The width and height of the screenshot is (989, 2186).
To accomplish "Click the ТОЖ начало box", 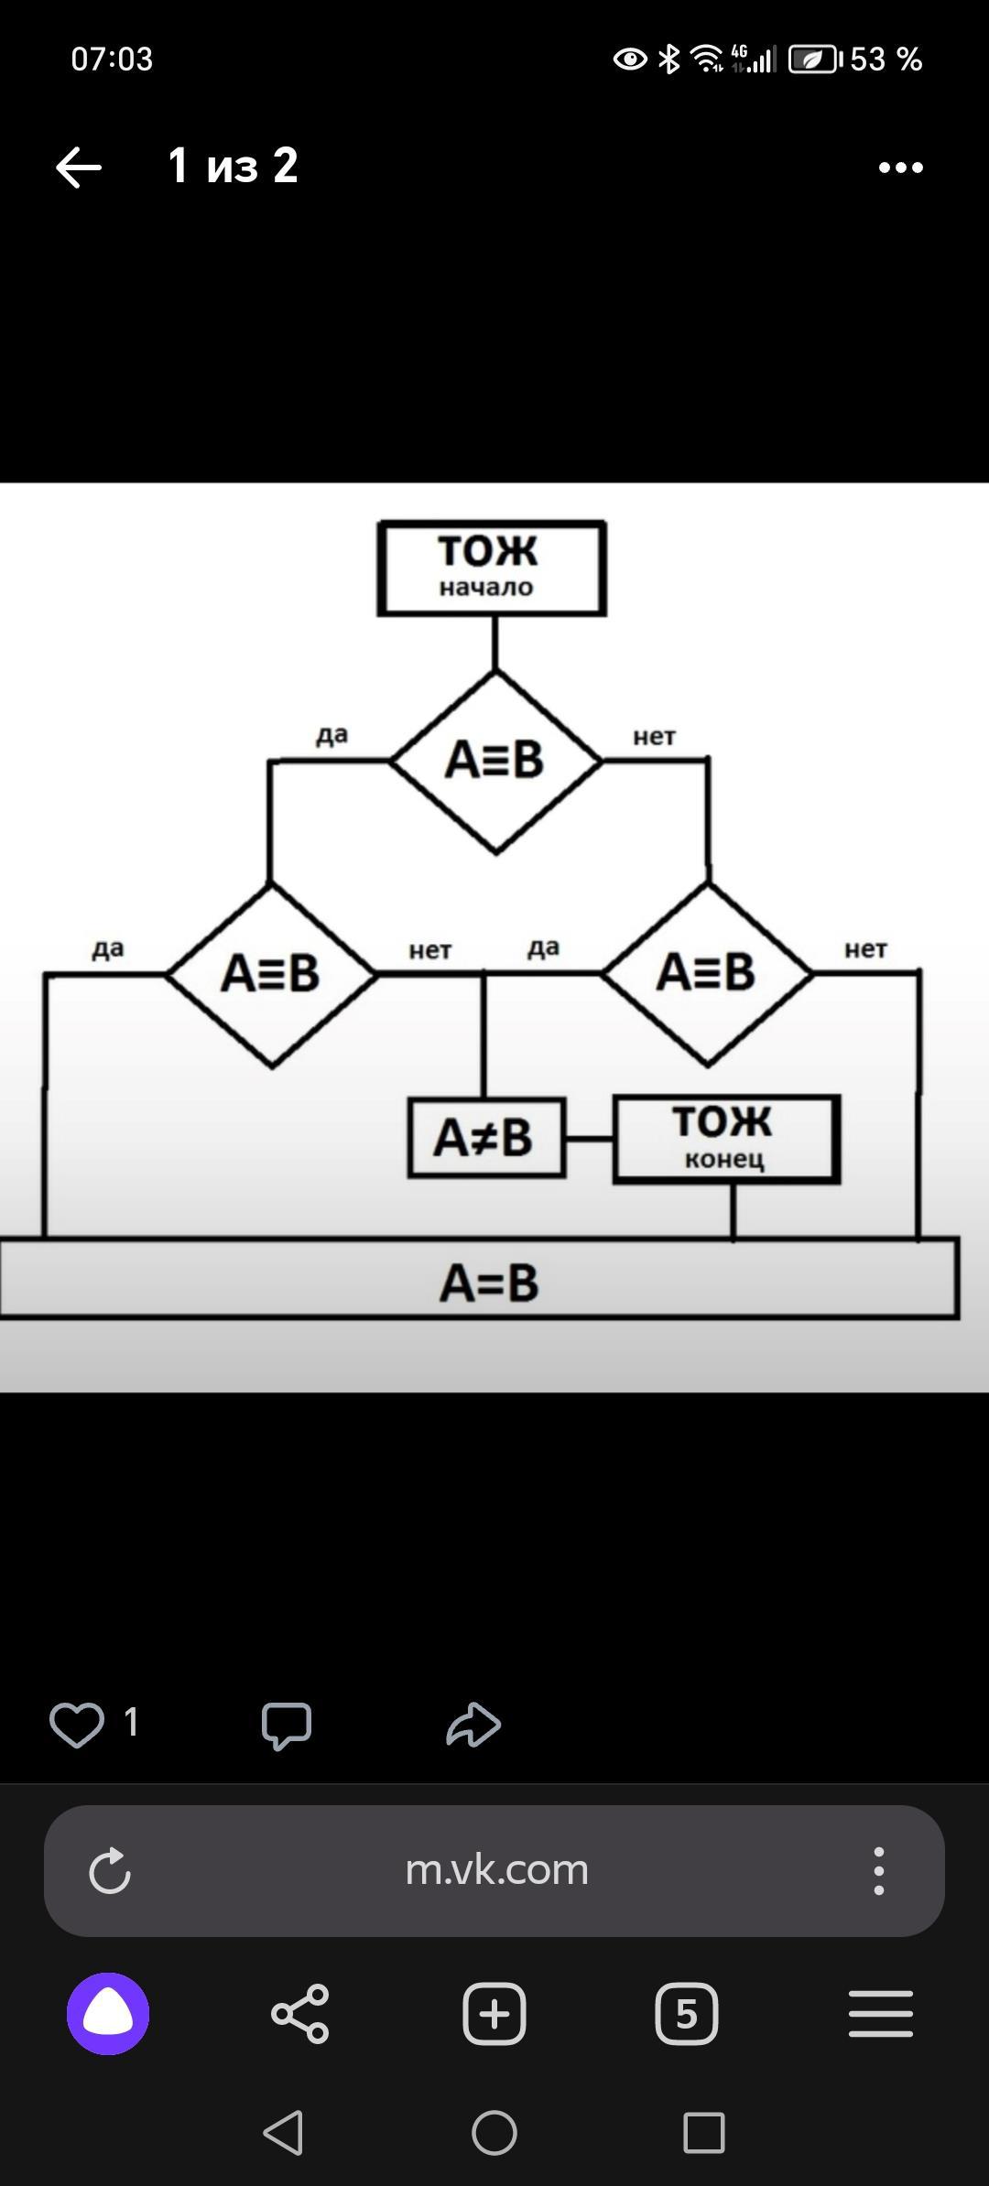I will tap(492, 568).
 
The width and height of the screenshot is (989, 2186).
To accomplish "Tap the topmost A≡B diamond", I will tap(495, 762).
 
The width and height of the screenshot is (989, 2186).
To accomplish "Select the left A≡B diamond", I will tap(271, 974).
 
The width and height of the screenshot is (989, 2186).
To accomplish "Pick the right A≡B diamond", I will tap(707, 973).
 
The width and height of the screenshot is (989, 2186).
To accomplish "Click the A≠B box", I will tap(486, 1138).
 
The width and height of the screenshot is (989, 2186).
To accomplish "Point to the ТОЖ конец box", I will tap(726, 1139).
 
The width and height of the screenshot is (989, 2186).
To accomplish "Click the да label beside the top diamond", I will tap(331, 735).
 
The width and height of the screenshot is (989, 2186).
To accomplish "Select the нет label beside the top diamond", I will tap(654, 737).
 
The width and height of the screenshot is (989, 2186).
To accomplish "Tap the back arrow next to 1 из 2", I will tap(79, 168).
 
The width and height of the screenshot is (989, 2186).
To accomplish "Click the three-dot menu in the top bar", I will tap(900, 168).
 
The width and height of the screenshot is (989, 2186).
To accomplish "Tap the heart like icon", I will tap(76, 1725).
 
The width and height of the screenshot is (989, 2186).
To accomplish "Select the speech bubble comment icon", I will tap(287, 1726).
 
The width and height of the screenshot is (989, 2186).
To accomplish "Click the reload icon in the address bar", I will tap(110, 1870).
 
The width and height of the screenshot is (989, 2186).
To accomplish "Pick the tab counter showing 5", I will tap(686, 2014).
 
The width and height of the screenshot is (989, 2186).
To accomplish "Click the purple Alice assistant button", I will tap(108, 2014).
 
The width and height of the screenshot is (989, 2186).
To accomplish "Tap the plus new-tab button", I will tap(494, 2014).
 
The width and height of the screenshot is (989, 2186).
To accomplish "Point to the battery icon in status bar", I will tap(814, 60).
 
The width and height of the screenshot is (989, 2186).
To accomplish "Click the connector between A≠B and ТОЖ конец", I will tap(589, 1139).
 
